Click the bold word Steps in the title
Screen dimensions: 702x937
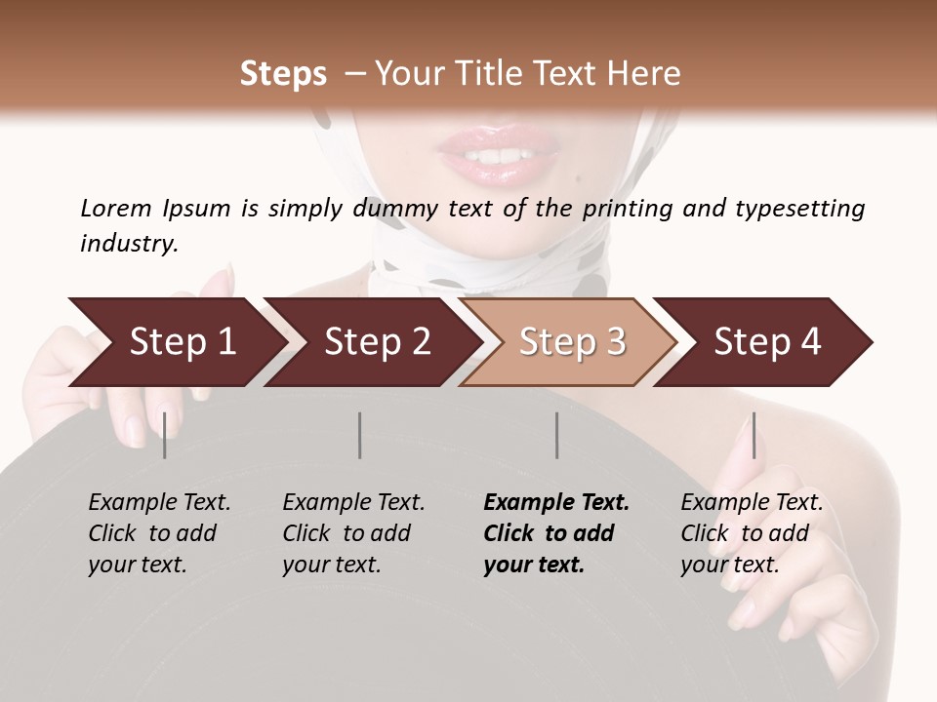(x=283, y=74)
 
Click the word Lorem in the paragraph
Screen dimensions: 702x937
(x=115, y=208)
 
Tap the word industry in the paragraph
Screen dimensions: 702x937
(x=129, y=243)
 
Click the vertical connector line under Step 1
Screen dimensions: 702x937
(x=165, y=435)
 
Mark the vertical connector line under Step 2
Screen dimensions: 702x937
(x=360, y=435)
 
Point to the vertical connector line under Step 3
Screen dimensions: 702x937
(x=556, y=435)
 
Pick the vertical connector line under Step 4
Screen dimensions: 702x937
(x=754, y=435)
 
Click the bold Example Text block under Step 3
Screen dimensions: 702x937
(x=556, y=533)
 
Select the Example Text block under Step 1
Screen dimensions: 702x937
(x=159, y=533)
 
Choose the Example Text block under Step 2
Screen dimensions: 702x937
(x=353, y=533)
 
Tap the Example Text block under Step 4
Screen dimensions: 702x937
(x=752, y=533)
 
